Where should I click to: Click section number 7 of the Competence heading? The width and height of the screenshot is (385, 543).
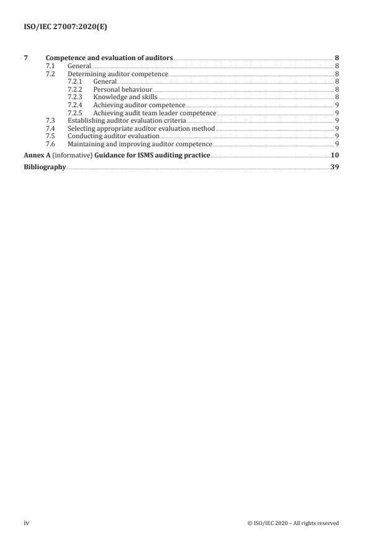tap(25, 58)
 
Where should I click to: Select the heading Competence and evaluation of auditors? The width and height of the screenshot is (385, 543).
tap(110, 58)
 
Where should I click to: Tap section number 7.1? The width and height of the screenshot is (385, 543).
tap(51, 66)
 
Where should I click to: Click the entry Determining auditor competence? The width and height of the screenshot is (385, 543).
tap(118, 74)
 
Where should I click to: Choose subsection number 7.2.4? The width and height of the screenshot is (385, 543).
tap(75, 105)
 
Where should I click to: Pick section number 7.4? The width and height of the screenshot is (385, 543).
tap(51, 128)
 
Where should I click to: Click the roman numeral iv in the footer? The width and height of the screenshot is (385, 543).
tap(26, 523)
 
